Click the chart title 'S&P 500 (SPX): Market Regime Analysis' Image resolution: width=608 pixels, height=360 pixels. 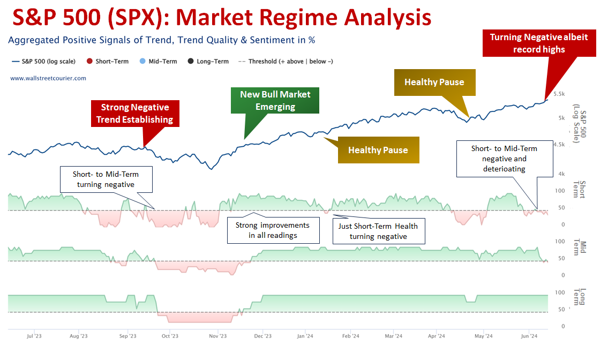[222, 18]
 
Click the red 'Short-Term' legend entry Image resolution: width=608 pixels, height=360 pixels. [108, 61]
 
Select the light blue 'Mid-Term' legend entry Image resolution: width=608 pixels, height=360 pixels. [158, 61]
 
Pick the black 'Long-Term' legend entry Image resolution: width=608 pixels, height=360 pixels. [208, 61]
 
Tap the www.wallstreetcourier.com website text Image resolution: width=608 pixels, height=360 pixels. [48, 78]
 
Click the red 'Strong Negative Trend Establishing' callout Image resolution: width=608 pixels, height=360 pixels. [135, 113]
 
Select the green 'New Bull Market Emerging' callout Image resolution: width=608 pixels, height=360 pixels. [275, 101]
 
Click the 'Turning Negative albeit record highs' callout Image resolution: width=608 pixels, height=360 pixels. [539, 43]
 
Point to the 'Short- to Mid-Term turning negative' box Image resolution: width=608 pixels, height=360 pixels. [106, 179]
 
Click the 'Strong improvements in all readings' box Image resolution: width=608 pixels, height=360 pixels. [273, 230]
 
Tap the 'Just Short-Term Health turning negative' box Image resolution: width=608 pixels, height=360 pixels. [378, 231]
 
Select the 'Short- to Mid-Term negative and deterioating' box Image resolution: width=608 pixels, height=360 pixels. [505, 159]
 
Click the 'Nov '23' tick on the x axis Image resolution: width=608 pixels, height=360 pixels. [217, 336]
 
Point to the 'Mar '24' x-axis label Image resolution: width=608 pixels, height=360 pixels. [393, 336]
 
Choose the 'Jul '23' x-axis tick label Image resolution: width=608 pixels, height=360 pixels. [34, 336]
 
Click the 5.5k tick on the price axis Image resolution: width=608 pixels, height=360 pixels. [559, 94]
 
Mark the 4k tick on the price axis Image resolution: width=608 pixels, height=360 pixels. [561, 174]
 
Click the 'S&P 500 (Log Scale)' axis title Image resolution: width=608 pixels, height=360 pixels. [580, 124]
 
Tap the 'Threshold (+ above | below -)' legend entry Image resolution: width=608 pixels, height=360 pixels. [286, 61]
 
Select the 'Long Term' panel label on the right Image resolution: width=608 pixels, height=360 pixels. [580, 297]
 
